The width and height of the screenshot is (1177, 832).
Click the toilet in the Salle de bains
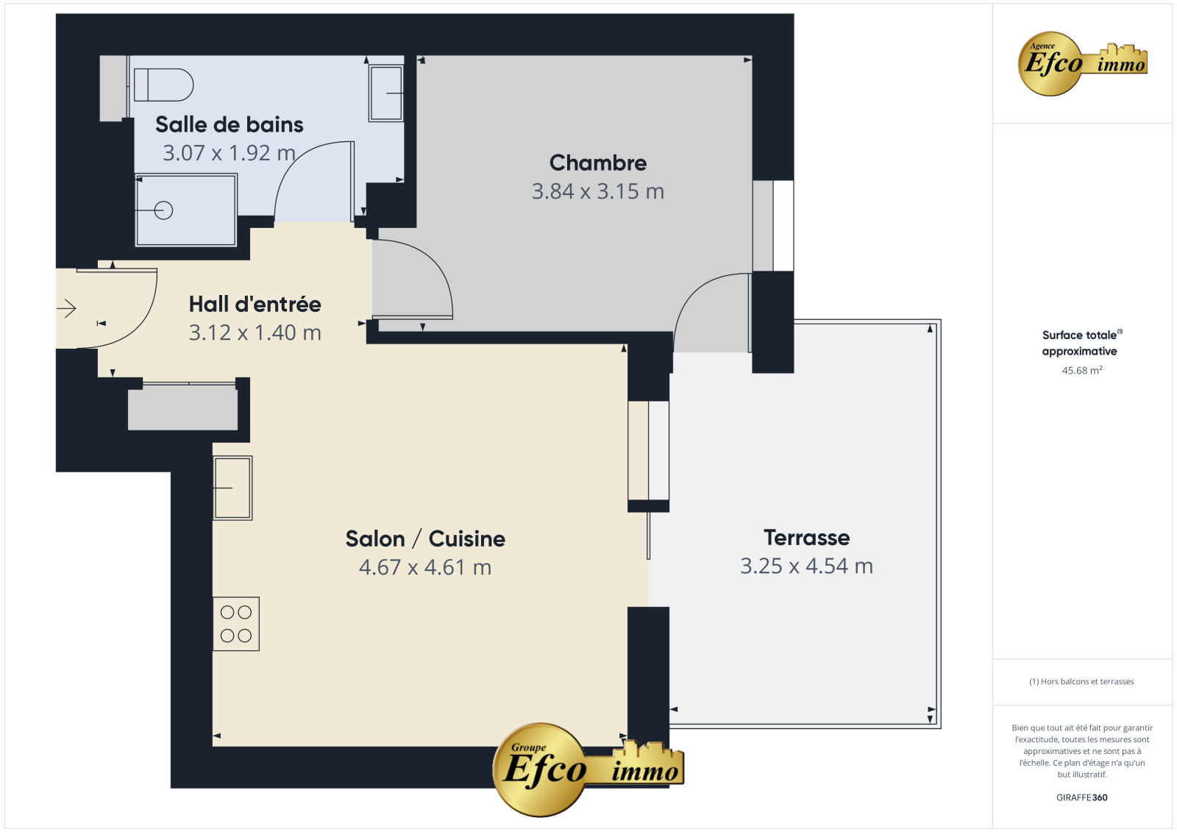click(x=163, y=85)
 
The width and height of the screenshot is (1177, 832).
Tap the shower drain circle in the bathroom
click(x=163, y=210)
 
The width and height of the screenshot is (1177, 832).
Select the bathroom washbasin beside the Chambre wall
click(x=385, y=93)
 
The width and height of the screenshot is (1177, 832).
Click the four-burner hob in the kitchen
click(x=236, y=624)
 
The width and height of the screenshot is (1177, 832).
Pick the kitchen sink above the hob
click(x=232, y=488)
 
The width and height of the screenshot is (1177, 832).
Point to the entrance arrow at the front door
click(x=67, y=308)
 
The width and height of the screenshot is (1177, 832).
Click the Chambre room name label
click(x=598, y=163)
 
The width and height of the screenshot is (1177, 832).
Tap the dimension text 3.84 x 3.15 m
click(x=598, y=191)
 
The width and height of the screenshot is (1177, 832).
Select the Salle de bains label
click(x=229, y=124)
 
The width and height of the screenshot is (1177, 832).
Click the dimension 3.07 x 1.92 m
click(x=229, y=153)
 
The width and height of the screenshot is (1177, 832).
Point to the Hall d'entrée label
click(x=255, y=305)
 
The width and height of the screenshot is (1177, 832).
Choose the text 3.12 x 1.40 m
click(x=255, y=333)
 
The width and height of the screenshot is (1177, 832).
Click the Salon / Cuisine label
click(x=425, y=538)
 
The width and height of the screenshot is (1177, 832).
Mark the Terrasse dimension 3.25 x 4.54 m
click(x=806, y=566)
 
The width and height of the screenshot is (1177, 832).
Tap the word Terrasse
click(x=806, y=538)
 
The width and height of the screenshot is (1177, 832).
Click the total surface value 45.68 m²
click(x=1082, y=370)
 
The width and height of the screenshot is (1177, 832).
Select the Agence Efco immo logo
click(x=1082, y=63)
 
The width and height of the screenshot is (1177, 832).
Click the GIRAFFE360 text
click(x=1082, y=797)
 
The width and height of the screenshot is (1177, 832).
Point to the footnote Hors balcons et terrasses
click(x=1081, y=681)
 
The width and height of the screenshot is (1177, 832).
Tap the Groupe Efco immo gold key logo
click(x=588, y=769)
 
